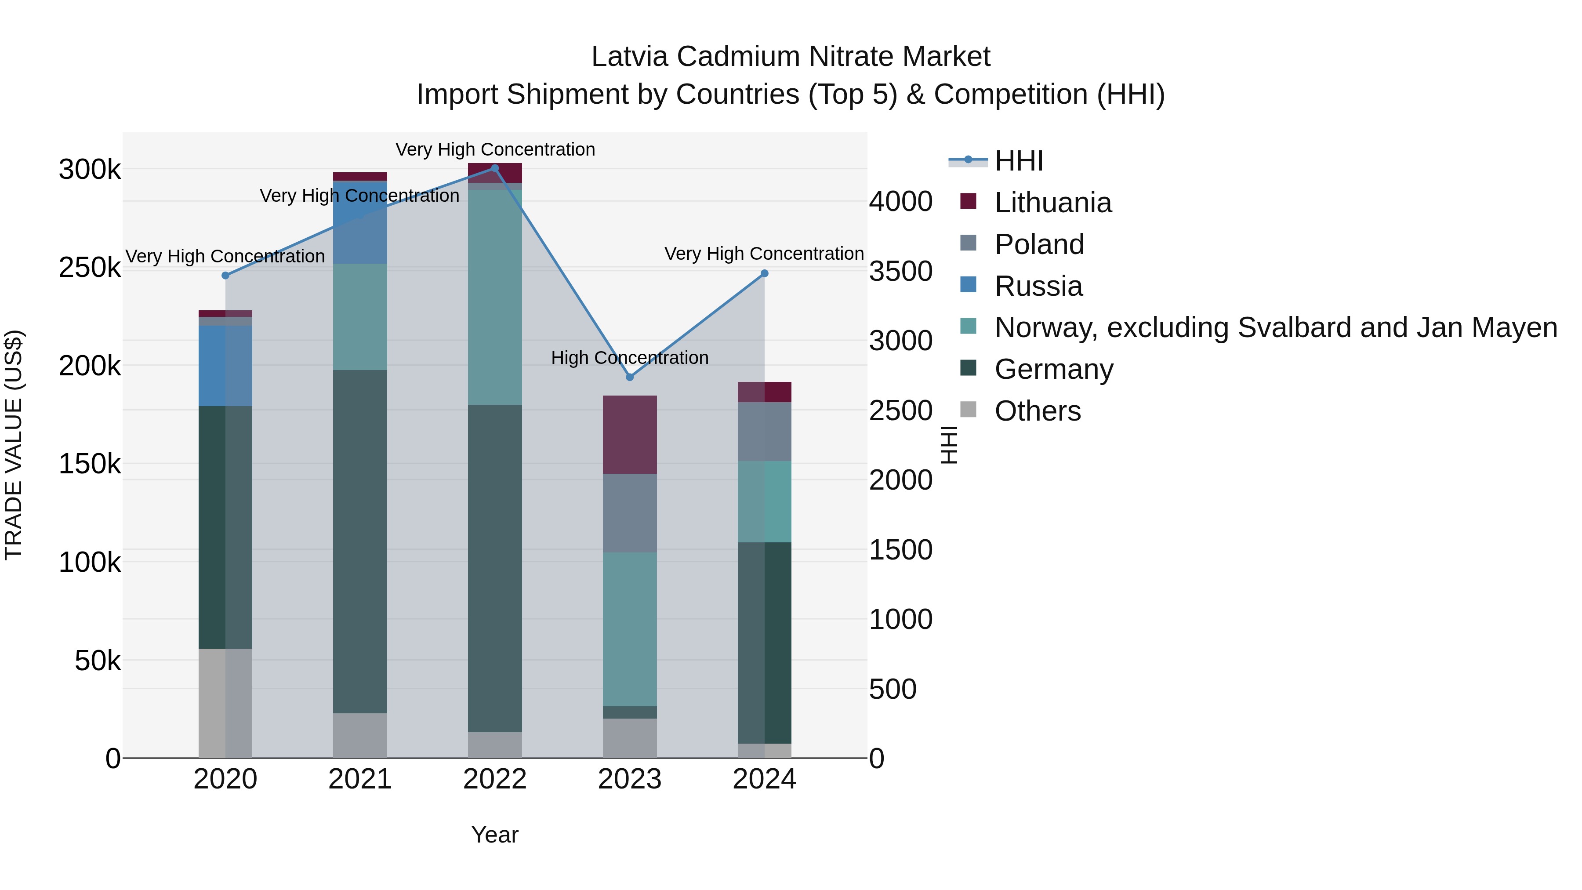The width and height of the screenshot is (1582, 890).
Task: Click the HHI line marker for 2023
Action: point(629,377)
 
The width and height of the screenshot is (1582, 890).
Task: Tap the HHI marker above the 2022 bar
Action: point(495,168)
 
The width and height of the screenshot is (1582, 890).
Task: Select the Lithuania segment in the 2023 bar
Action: point(629,434)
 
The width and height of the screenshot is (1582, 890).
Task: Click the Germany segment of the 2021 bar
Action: point(360,541)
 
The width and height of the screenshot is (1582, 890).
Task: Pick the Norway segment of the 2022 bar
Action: point(495,297)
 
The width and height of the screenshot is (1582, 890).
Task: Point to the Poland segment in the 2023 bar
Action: point(629,512)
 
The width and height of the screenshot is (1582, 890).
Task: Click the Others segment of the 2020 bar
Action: point(225,703)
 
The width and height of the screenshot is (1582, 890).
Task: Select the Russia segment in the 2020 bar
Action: point(225,366)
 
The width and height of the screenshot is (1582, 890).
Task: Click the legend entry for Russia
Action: point(1038,286)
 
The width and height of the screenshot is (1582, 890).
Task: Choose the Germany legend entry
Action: point(1053,369)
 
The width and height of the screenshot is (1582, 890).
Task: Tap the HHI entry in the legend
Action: point(1018,161)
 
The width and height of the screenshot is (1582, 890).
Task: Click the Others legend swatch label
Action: point(1037,411)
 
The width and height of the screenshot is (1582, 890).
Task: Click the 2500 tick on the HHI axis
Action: point(900,410)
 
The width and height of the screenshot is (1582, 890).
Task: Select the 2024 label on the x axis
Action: point(764,779)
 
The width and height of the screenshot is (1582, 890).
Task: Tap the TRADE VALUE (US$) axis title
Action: point(14,445)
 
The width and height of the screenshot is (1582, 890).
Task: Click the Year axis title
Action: point(494,835)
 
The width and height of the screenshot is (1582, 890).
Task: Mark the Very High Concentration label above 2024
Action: point(764,254)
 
